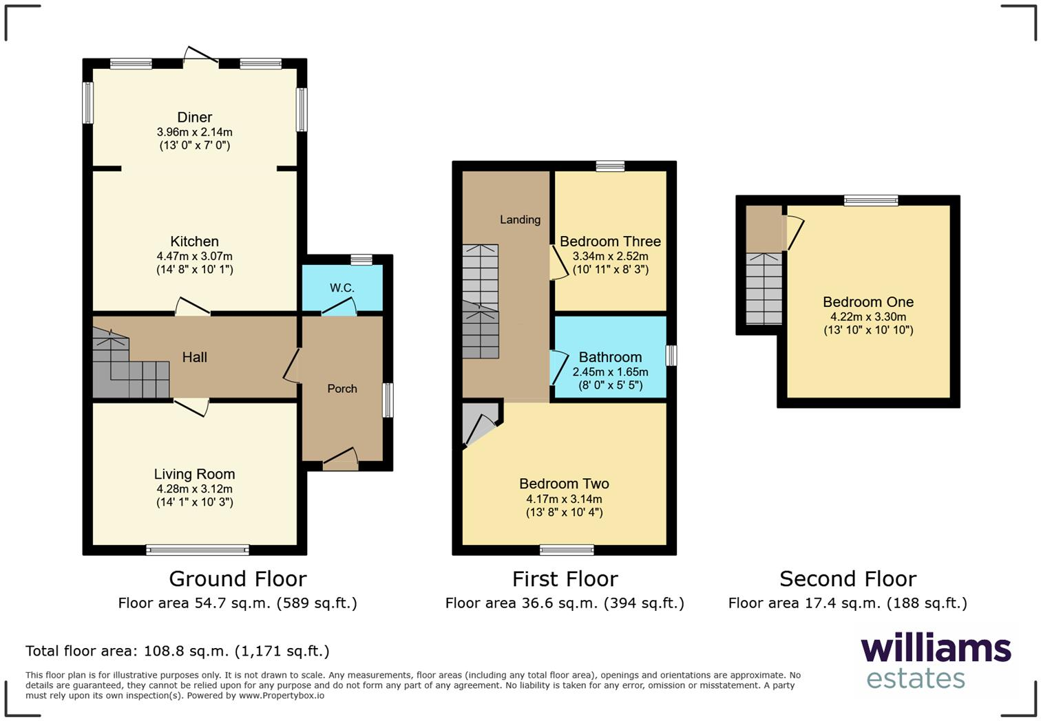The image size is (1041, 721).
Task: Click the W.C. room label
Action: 341,288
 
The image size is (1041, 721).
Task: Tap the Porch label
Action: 342,389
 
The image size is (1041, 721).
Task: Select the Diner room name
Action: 194,118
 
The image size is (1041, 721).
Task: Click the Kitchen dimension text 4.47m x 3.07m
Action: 194,256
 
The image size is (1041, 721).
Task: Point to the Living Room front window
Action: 198,549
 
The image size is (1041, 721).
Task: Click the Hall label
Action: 194,357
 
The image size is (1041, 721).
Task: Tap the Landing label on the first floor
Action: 520,219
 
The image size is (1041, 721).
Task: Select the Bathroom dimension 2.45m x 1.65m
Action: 610,372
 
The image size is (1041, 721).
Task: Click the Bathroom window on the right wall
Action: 671,356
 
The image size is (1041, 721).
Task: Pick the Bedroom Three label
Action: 610,241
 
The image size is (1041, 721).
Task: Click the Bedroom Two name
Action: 564,484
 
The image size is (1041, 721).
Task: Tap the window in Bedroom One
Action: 871,201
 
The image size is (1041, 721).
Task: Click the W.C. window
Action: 361,260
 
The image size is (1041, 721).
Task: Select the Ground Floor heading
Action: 238,579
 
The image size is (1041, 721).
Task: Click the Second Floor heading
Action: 848,579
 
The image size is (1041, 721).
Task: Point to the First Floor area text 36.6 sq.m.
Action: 565,603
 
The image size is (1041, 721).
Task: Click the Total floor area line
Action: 178,651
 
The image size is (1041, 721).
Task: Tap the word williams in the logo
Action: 936,649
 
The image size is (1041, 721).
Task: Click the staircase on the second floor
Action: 764,289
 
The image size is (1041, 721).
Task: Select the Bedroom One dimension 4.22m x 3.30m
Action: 868,317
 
